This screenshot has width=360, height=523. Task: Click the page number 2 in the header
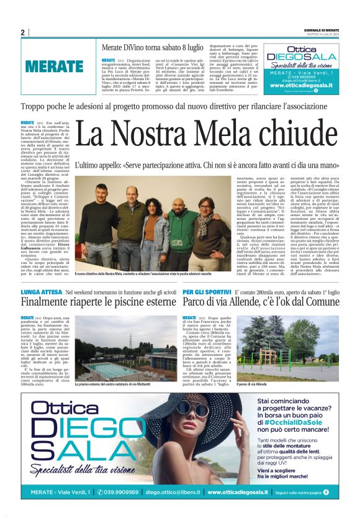[22, 33]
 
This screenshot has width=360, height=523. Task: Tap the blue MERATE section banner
[55, 66]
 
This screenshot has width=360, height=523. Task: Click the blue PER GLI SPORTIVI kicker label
[207, 291]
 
